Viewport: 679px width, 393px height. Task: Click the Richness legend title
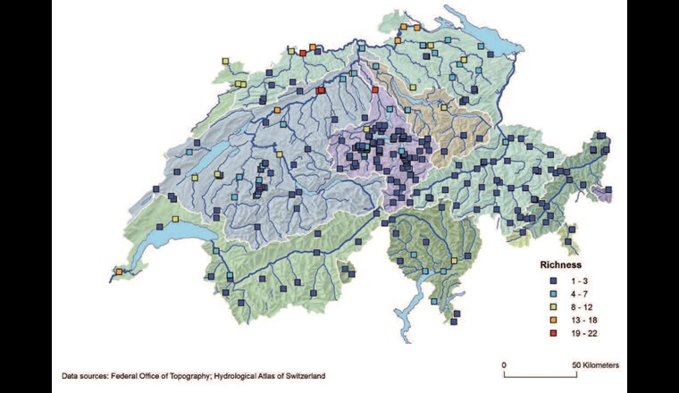pyautogui.click(x=560, y=265)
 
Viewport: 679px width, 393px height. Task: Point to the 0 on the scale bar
pyautogui.click(x=504, y=365)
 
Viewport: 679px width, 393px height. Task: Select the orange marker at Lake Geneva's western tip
pyautogui.click(x=119, y=272)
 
